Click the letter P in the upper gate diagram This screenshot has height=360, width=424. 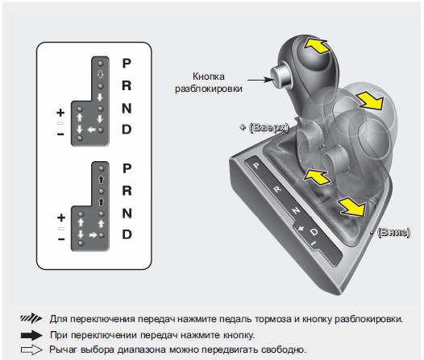tap(127, 63)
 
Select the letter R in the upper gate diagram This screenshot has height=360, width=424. tap(127, 85)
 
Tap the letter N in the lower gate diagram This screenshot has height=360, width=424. tap(127, 213)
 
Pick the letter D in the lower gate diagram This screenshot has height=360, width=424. tap(127, 234)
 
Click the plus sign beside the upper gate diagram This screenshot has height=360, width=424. tap(60, 112)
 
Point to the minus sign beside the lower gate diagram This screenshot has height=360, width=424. tap(61, 239)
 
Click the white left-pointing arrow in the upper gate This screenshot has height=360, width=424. tap(92, 130)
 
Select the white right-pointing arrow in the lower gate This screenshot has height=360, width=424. tap(94, 235)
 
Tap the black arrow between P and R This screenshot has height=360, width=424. tap(101, 180)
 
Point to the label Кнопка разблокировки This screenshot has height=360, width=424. tap(209, 82)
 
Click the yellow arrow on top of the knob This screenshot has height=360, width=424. tap(317, 45)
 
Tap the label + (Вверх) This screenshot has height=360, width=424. tap(264, 127)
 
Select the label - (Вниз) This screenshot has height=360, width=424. tap(390, 232)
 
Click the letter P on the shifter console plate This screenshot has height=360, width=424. tap(256, 165)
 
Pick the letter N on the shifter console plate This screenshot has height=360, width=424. tap(296, 210)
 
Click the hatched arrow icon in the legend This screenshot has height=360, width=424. tap(31, 318)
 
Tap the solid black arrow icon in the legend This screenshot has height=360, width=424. tap(31, 335)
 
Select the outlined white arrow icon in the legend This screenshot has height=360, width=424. tap(31, 350)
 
